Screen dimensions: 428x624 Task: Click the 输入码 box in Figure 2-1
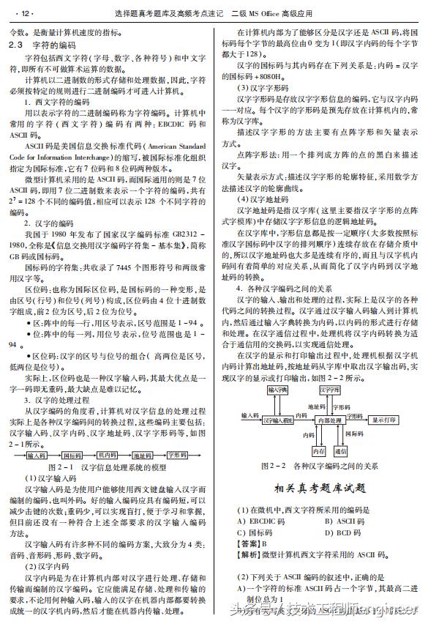[x=37, y=454]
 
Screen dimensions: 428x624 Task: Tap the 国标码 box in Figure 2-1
[x=72, y=454]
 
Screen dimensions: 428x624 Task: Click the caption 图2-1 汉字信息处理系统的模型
[x=108, y=466]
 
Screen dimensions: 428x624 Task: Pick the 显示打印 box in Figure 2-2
[x=384, y=420]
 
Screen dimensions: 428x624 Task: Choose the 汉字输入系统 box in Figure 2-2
[x=278, y=420]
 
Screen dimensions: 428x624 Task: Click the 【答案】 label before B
[x=249, y=544]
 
